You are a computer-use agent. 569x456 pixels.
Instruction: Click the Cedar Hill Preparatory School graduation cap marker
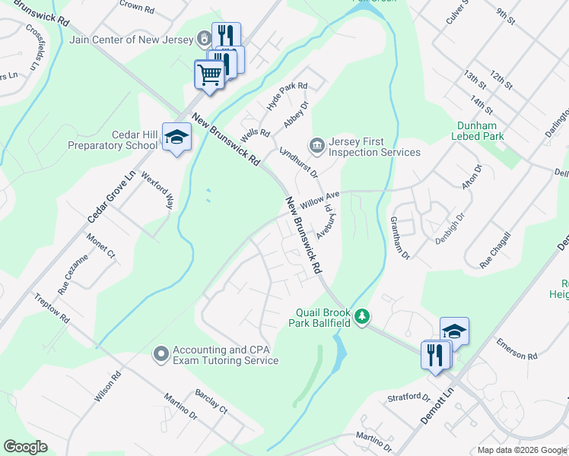coord(177,138)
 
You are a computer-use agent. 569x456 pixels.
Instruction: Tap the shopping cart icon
coord(209,74)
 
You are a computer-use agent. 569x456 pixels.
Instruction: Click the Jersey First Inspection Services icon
coord(316,144)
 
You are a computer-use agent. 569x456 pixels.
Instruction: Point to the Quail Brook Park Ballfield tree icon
coord(363,315)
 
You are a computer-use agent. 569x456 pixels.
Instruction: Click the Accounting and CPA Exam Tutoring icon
coord(161,353)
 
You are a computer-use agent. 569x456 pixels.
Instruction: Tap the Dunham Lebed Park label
coord(478,131)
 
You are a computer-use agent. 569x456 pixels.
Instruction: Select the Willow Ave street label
coord(319,201)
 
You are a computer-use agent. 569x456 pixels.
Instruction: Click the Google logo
coord(25,447)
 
